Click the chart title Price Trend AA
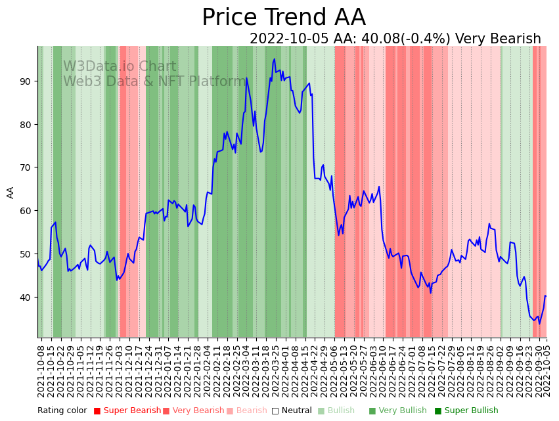pyautogui.click(x=283, y=18)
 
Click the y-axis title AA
pyautogui.click(x=11, y=192)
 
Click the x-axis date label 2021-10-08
pyautogui.click(x=41, y=371)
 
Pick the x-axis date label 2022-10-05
pyautogui.click(x=546, y=371)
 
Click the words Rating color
pyautogui.click(x=62, y=411)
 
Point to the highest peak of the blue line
pyautogui.click(x=275, y=59)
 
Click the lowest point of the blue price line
pyautogui.click(x=540, y=323)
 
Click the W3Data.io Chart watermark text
pyautogui.click(x=120, y=67)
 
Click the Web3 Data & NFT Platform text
pyautogui.click(x=154, y=82)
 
